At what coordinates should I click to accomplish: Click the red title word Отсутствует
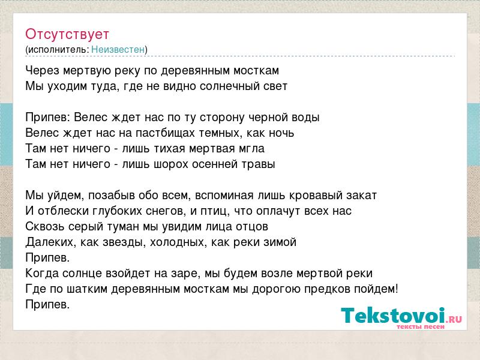pyautogui.click(x=67, y=34)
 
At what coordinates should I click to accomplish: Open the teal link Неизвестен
pyautogui.click(x=118, y=49)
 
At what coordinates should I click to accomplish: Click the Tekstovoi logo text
pyautogui.click(x=393, y=316)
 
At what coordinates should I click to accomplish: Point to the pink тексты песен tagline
pyautogui.click(x=421, y=326)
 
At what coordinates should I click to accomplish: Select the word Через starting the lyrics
pyautogui.click(x=43, y=71)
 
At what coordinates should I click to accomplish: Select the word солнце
pyautogui.click(x=82, y=274)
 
